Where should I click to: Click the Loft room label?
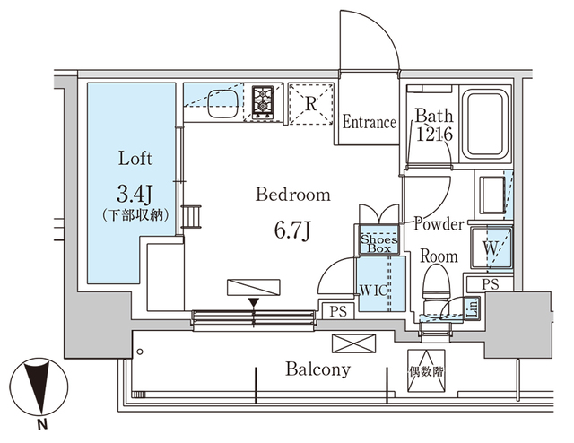135,159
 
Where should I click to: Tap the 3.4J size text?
135,193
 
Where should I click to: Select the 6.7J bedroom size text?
293,230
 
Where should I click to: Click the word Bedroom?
292,195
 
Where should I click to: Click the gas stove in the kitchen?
263,102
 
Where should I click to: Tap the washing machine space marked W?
491,245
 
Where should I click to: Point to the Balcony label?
318,369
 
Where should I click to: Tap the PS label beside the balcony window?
338,311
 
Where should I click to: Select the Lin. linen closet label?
470,308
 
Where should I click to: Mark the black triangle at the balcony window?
255,302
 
